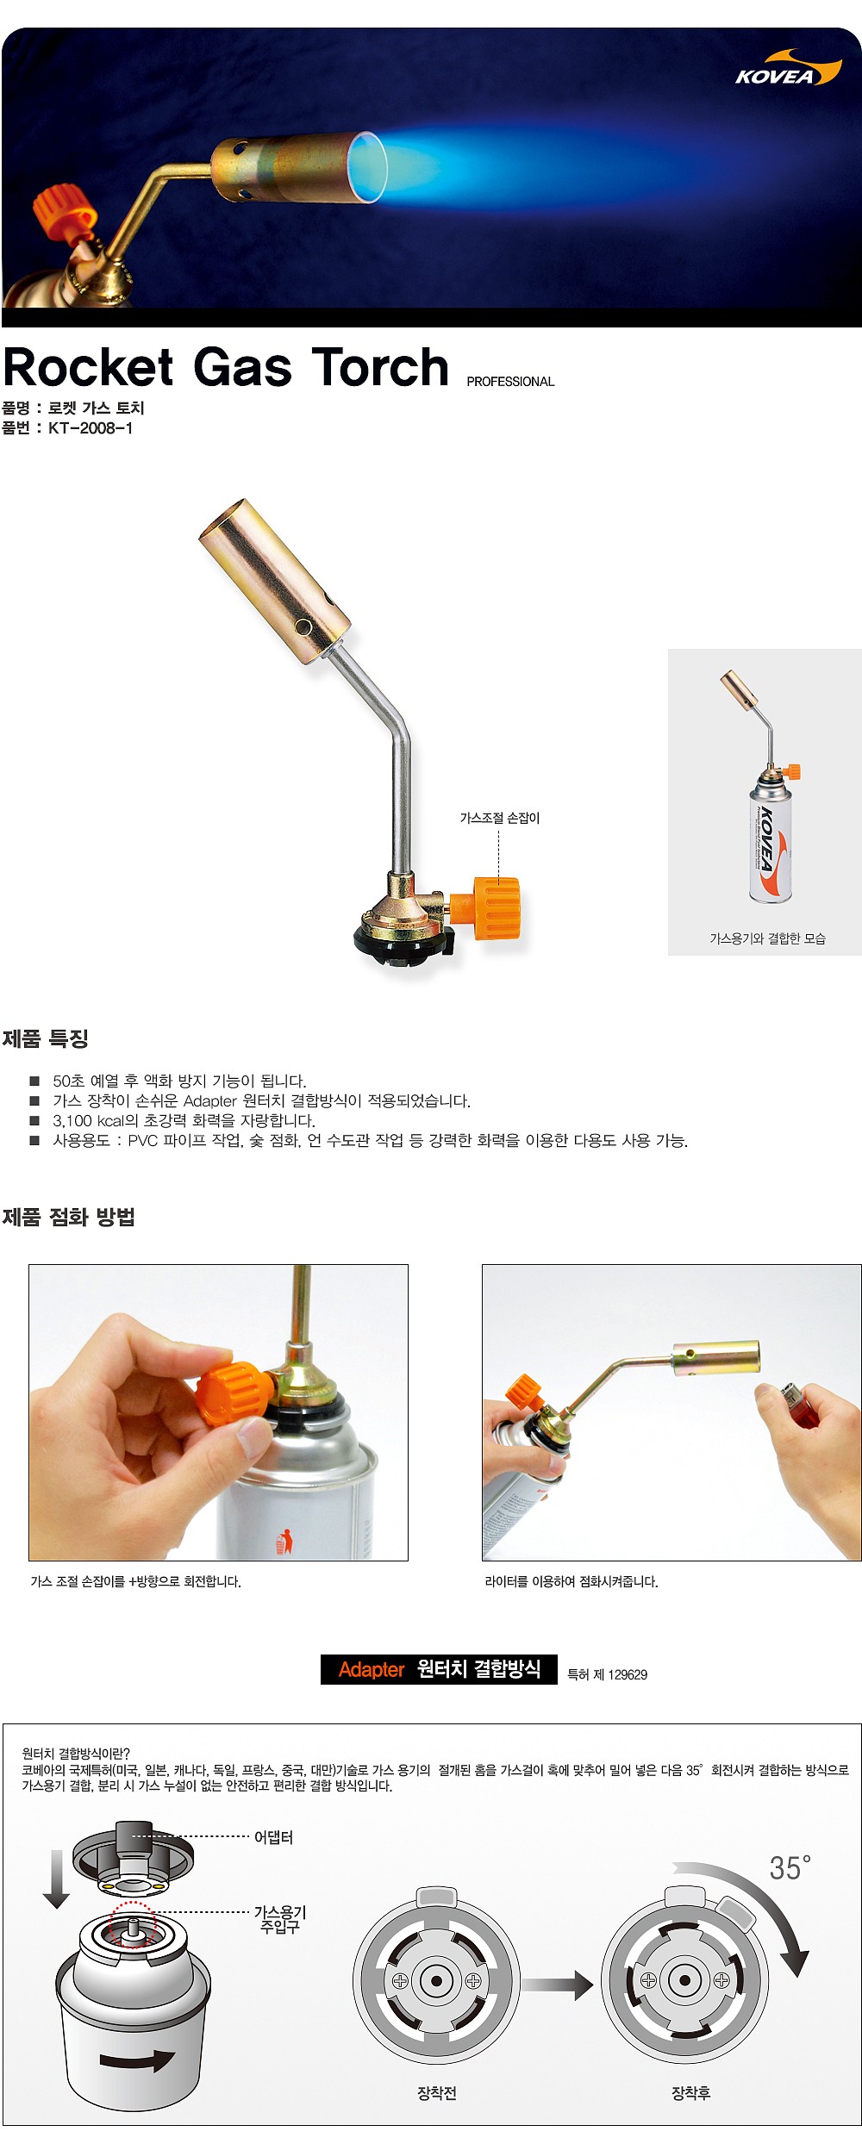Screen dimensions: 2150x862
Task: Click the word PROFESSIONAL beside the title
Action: pos(510,382)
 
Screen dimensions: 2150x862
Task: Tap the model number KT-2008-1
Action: pos(91,428)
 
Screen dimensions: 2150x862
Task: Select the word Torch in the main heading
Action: pos(380,368)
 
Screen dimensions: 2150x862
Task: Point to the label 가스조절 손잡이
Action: pos(499,818)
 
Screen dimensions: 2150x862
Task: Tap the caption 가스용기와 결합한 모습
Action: pos(767,938)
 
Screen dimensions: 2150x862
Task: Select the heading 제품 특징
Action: pos(46,1038)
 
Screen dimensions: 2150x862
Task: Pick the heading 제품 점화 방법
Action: pos(69,1217)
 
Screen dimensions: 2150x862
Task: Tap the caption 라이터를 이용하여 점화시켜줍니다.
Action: pos(572,1581)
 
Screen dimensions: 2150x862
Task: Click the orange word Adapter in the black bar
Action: pos(372,1669)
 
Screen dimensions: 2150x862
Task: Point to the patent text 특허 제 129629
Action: pos(607,1674)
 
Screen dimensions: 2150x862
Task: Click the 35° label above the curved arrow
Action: pos(790,1868)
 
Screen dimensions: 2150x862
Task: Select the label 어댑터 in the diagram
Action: pos(273,1838)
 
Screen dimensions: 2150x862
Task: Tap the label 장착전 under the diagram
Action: pos(437,2093)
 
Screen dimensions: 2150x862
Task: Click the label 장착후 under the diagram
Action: pos(690,2093)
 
